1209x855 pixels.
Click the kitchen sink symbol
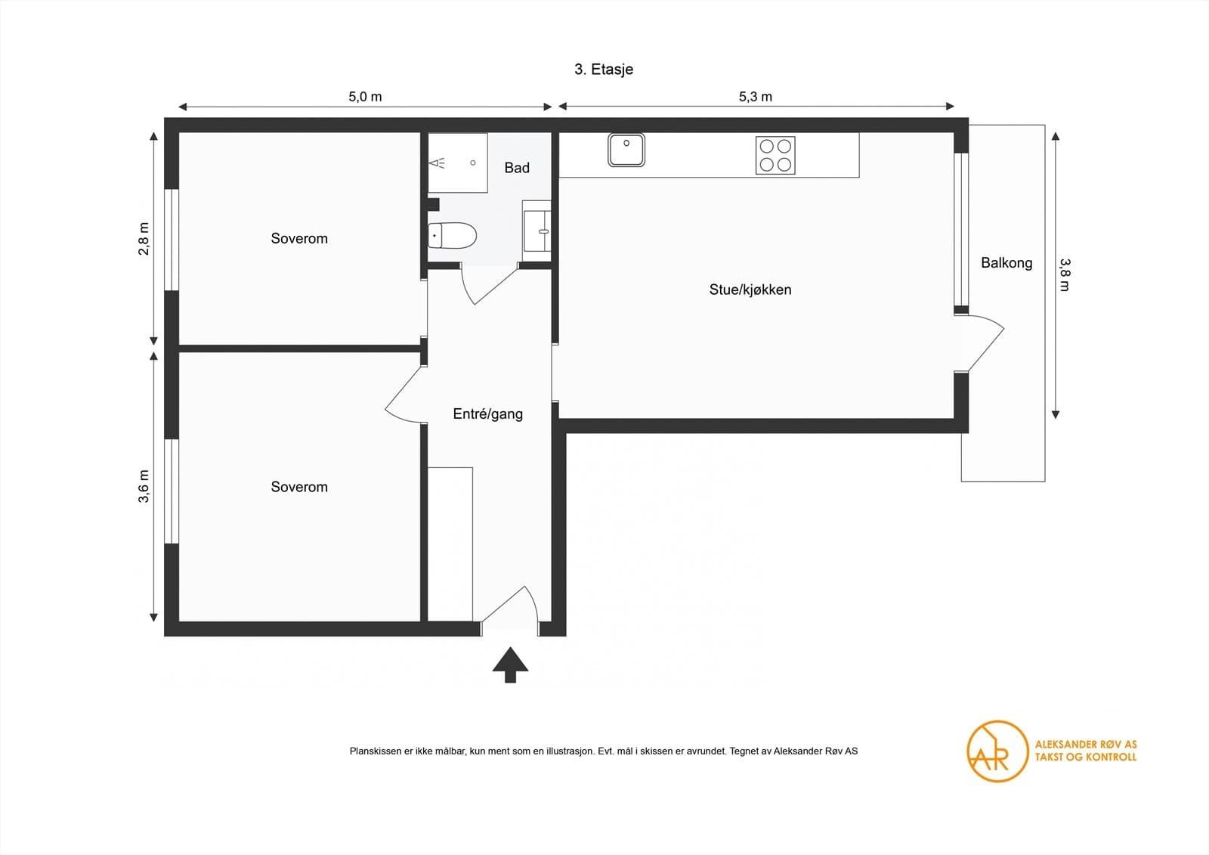626,150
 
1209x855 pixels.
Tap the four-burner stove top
775,155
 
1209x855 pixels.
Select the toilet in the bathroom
452,235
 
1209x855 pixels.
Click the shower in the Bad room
458,163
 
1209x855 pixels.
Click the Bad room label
517,168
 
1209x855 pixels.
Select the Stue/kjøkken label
750,290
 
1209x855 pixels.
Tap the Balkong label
1006,263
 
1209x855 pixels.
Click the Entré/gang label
487,414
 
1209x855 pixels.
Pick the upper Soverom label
299,238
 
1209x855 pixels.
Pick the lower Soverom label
299,487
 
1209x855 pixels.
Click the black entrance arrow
510,664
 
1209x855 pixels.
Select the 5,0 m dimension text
365,97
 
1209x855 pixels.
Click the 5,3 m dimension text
755,97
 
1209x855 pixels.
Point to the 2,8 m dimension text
144,238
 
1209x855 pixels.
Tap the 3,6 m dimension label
144,486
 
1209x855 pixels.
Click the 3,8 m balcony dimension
1064,274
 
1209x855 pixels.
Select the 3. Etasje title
604,70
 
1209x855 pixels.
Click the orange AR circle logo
997,751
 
